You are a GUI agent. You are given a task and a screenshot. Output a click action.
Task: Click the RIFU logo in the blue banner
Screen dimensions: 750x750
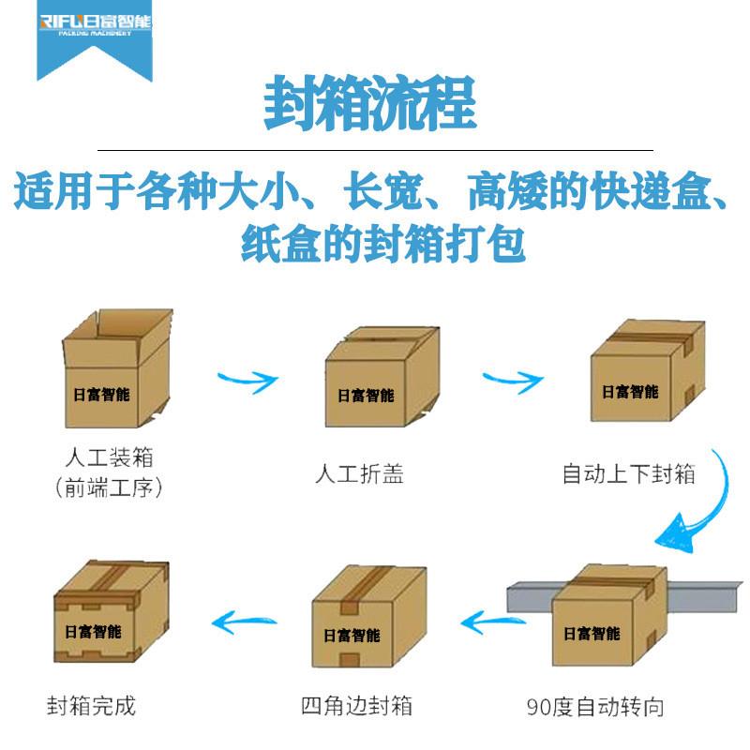click(94, 25)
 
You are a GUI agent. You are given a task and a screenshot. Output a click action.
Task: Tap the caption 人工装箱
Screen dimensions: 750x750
click(109, 459)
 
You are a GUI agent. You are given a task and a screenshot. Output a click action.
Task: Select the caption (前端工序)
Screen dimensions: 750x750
click(109, 487)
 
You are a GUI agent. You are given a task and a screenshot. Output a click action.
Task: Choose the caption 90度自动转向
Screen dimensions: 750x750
click(595, 706)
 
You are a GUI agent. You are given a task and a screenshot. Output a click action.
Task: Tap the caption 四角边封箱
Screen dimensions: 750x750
click(357, 705)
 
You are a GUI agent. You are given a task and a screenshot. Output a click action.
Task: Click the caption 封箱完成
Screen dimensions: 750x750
click(91, 705)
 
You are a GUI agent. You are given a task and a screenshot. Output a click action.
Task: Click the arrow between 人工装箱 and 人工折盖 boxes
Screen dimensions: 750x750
click(247, 381)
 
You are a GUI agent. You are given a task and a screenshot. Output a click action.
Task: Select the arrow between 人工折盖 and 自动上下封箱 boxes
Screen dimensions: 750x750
click(513, 380)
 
